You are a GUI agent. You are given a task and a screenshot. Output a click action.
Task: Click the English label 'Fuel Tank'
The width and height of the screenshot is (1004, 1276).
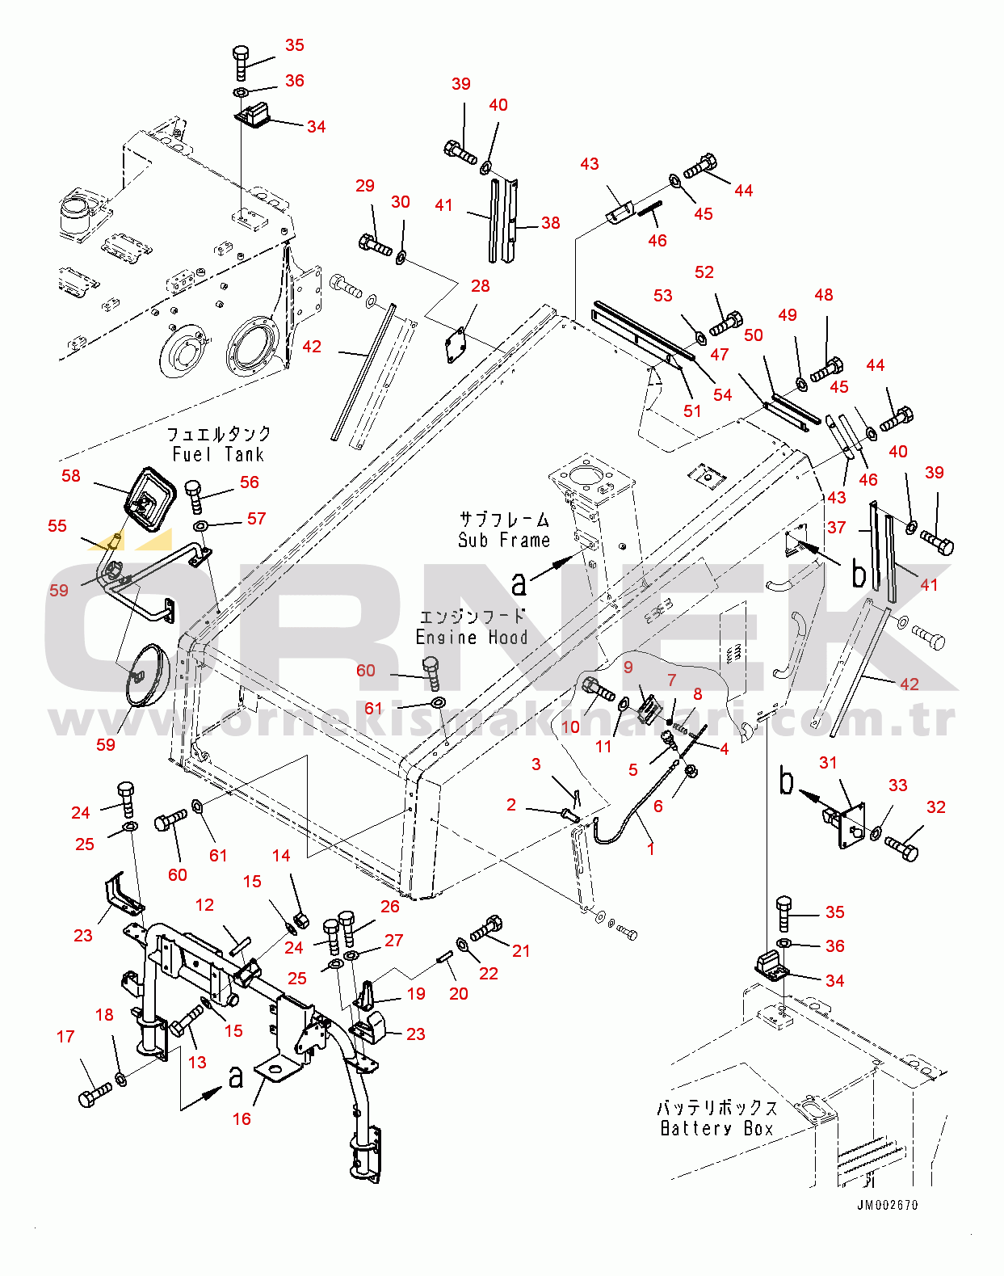click(x=218, y=455)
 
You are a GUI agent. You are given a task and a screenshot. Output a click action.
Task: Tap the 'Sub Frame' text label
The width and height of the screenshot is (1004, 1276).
click(x=503, y=540)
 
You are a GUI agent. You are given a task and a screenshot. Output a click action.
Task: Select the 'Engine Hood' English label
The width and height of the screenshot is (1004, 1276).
click(x=472, y=638)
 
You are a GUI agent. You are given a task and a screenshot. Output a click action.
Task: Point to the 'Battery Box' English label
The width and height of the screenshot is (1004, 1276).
click(x=716, y=1128)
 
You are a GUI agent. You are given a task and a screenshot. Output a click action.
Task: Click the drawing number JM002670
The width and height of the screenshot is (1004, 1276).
click(x=887, y=1205)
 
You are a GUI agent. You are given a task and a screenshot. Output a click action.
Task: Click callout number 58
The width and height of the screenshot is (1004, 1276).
click(x=71, y=476)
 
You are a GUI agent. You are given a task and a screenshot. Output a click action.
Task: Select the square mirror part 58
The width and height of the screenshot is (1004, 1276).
click(x=149, y=499)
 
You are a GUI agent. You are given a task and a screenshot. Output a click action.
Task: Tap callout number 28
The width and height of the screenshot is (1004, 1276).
click(x=480, y=286)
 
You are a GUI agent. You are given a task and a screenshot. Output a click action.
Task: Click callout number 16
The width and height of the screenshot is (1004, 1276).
click(x=242, y=1118)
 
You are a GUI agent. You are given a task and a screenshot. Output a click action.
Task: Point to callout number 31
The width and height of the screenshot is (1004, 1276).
click(x=828, y=762)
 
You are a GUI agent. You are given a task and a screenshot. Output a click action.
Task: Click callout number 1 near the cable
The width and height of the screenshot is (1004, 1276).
click(x=650, y=849)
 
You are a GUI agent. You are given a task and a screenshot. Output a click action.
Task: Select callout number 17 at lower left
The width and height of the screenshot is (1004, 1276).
click(x=65, y=1036)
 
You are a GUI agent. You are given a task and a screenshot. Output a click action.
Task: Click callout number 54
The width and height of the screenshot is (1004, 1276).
click(x=722, y=394)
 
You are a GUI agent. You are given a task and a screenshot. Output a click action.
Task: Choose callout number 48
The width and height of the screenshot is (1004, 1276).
click(x=823, y=295)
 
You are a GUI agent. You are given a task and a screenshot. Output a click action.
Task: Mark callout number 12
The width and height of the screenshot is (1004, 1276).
click(x=204, y=905)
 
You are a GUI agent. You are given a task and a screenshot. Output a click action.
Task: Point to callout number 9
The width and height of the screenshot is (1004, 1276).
click(x=628, y=667)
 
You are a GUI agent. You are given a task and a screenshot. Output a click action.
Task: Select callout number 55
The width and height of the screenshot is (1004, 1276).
click(x=57, y=526)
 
